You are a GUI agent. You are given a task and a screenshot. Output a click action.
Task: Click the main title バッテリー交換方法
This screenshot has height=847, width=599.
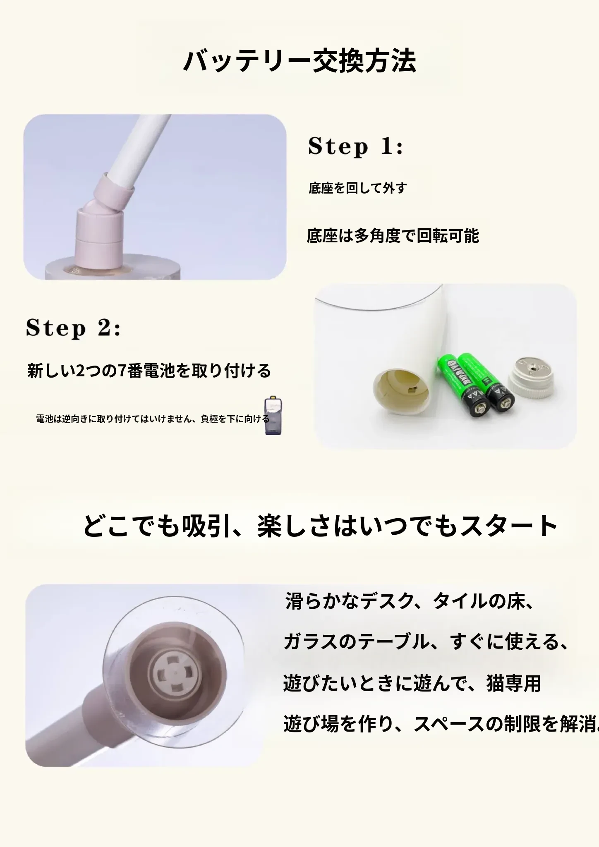click(x=299, y=61)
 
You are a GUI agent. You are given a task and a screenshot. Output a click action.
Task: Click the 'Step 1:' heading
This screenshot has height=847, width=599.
click(x=356, y=146)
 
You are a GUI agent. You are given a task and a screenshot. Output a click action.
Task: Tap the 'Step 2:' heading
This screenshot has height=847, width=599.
click(x=73, y=328)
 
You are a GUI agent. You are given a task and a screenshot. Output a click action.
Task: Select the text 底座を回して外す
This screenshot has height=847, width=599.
click(x=357, y=188)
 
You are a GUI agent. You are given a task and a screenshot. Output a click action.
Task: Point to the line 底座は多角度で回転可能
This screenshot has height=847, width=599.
click(x=393, y=236)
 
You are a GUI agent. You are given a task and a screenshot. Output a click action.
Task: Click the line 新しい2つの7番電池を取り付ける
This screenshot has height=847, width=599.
click(x=149, y=371)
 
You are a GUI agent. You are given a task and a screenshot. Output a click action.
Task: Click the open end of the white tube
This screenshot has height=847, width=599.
click(x=401, y=391)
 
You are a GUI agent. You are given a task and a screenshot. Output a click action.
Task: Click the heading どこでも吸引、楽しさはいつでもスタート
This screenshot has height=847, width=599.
click(x=320, y=526)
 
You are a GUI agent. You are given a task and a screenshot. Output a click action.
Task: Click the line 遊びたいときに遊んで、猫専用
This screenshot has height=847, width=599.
click(x=412, y=683)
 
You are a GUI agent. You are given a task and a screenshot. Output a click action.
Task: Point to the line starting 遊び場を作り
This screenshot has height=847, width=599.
click(x=441, y=724)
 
